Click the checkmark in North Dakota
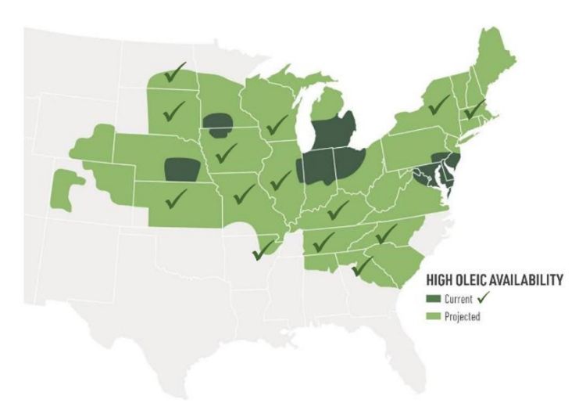[179, 74]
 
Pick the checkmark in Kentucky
[338, 210]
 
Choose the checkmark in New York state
[438, 103]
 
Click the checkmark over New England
[473, 110]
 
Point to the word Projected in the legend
[463, 317]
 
